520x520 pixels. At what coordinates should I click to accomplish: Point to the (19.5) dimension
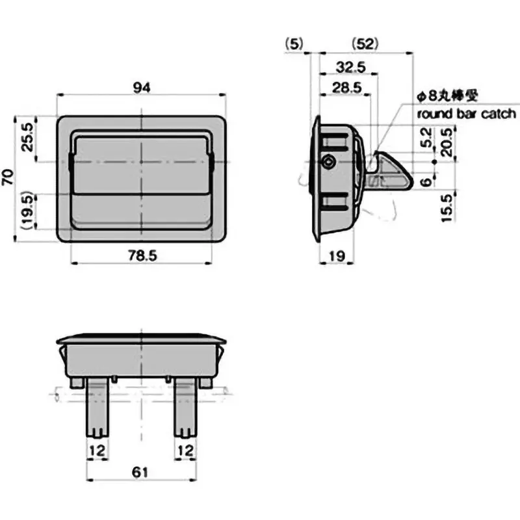(27, 211)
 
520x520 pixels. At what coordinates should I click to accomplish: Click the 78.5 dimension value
(142, 256)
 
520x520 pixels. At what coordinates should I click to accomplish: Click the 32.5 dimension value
(351, 68)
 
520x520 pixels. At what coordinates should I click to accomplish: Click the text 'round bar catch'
(467, 114)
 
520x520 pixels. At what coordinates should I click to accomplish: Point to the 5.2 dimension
(426, 137)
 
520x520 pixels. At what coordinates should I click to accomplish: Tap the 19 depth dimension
(337, 256)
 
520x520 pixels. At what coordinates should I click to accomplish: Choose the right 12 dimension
(186, 450)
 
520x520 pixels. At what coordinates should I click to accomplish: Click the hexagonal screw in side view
(330, 161)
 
